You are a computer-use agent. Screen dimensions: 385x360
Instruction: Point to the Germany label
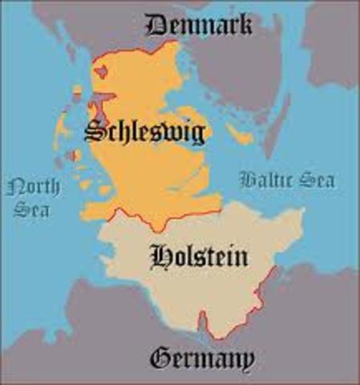pyautogui.click(x=202, y=357)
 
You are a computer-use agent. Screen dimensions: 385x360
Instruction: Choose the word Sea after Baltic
pyautogui.click(x=316, y=180)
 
